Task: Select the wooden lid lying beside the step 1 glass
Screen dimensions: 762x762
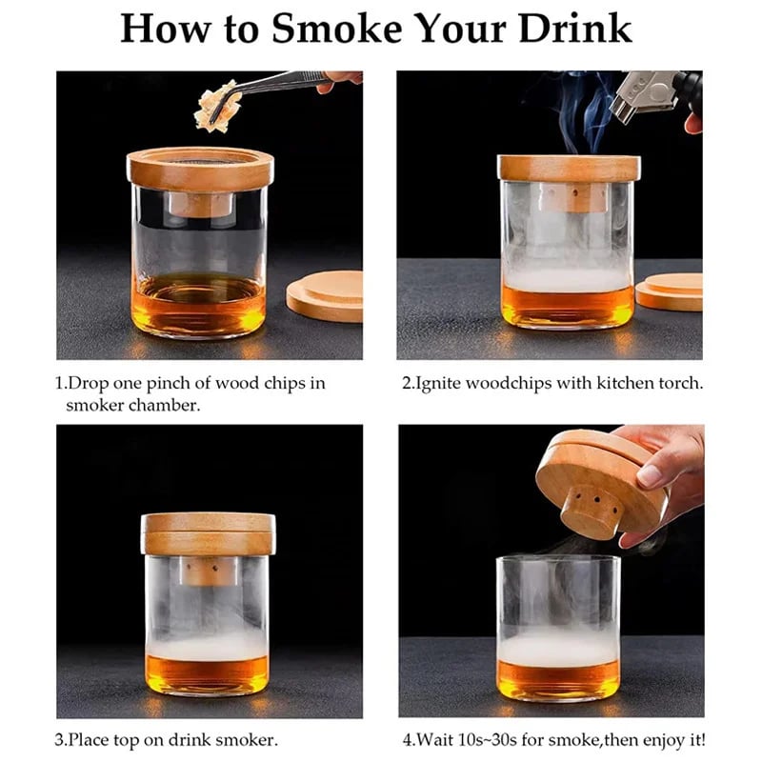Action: point(326,295)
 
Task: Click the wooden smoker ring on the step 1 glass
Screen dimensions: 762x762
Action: point(200,169)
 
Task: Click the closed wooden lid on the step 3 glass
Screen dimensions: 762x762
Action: point(208,533)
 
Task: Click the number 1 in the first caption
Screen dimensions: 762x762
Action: point(59,384)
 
